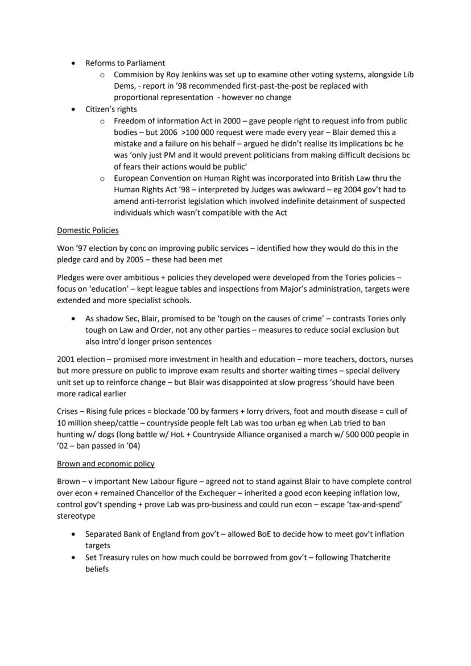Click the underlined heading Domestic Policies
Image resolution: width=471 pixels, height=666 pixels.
(x=88, y=230)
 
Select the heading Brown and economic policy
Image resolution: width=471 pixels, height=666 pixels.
(x=105, y=464)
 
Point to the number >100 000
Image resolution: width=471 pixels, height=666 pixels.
(x=192, y=133)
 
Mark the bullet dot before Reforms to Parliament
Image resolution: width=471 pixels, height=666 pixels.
(x=73, y=63)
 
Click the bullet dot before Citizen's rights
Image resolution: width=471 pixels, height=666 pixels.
(x=73, y=109)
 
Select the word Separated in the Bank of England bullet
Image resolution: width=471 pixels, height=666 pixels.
(x=105, y=534)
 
